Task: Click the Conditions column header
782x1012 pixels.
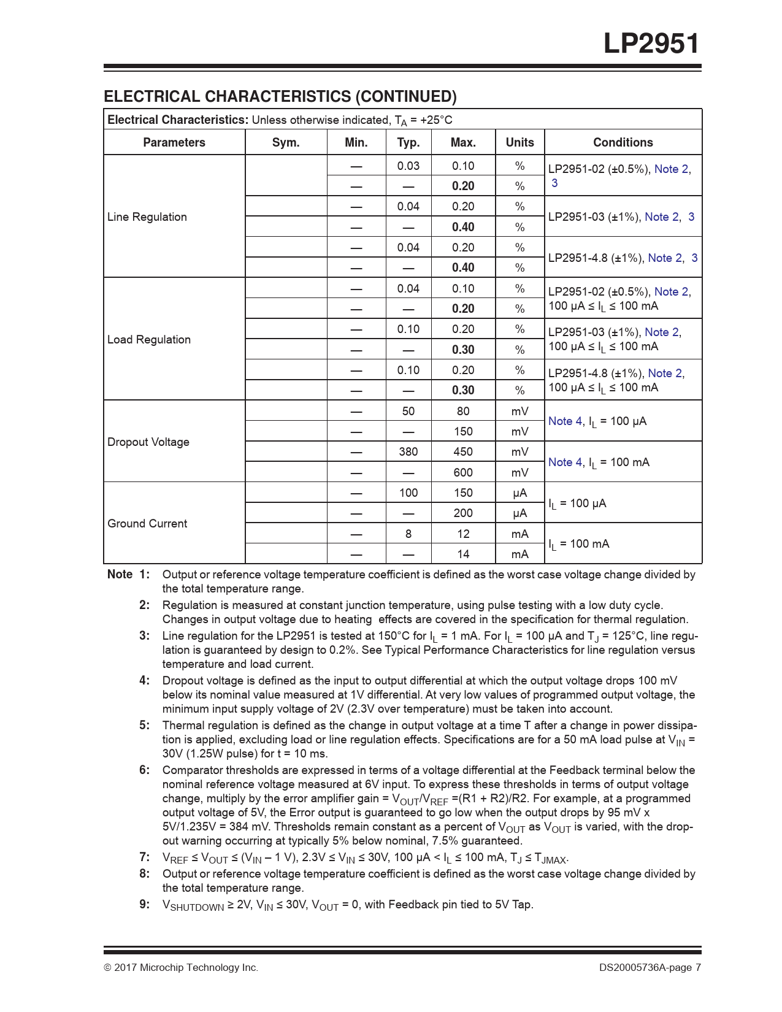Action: pyautogui.click(x=623, y=142)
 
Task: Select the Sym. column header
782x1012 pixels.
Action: pyautogui.click(x=286, y=142)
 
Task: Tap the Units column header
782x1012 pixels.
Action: pyautogui.click(x=519, y=142)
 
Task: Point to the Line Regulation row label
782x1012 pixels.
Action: pyautogui.click(x=147, y=217)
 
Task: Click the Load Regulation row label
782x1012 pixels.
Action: pyautogui.click(x=149, y=339)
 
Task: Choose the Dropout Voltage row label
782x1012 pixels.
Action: pyautogui.click(x=148, y=442)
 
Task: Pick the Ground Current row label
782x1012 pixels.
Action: pyautogui.click(x=147, y=523)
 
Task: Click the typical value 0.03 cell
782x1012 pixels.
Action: pyautogui.click(x=408, y=166)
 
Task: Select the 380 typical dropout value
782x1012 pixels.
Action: pyautogui.click(x=408, y=451)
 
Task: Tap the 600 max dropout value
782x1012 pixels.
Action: pyautogui.click(x=463, y=472)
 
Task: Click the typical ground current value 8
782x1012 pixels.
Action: pyautogui.click(x=408, y=534)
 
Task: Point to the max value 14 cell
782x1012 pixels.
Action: pyautogui.click(x=463, y=554)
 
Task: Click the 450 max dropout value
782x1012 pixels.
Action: pyautogui.click(x=463, y=451)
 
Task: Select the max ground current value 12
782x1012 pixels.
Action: pyautogui.click(x=463, y=534)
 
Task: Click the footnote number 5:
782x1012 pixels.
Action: pyautogui.click(x=144, y=725)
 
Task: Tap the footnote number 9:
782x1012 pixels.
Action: pyautogui.click(x=144, y=904)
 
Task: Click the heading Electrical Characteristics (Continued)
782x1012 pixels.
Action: pyautogui.click(x=280, y=96)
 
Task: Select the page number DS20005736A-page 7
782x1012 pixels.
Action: pyautogui.click(x=650, y=967)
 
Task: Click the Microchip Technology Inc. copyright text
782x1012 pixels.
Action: pyautogui.click(x=181, y=967)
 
